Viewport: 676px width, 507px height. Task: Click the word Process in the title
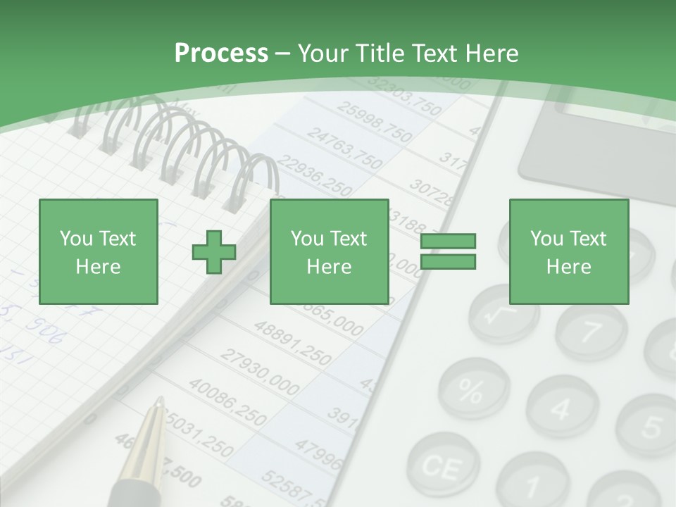pos(221,53)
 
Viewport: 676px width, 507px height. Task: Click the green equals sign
pos(448,251)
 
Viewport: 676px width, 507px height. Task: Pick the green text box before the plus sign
pos(98,251)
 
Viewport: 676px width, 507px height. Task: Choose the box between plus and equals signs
pos(329,251)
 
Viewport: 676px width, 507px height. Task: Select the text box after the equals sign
pos(568,251)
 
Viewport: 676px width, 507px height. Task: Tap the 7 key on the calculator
pos(591,329)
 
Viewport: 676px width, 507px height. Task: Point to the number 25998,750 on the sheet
pos(374,120)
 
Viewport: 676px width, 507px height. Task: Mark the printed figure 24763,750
pos(344,149)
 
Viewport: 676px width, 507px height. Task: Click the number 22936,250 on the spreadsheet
pos(314,177)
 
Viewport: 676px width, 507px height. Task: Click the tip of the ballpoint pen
pos(161,403)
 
